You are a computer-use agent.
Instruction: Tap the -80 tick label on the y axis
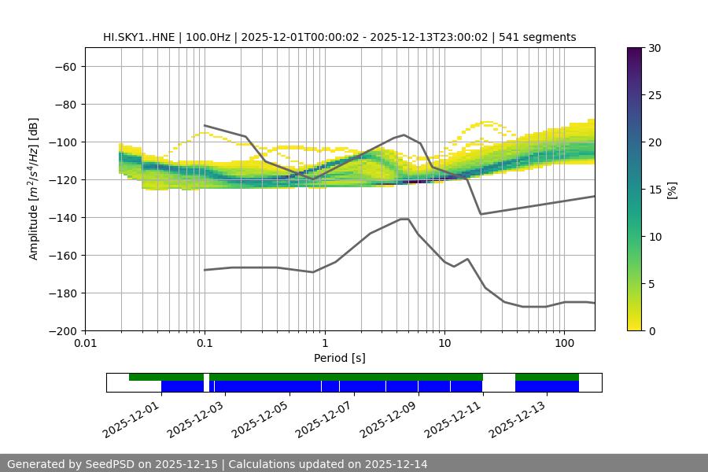(x=64, y=105)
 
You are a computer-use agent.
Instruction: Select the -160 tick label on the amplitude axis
(x=61, y=256)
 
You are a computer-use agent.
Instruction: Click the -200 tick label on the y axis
(x=61, y=331)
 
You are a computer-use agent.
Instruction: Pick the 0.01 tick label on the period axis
(x=85, y=344)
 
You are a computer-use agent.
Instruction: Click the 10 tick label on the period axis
(x=444, y=344)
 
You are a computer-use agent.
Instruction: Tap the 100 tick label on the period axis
(x=563, y=344)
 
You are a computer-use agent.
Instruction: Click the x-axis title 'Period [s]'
(x=339, y=358)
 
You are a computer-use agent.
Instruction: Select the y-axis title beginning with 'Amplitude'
(x=34, y=189)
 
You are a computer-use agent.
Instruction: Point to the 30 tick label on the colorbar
(x=653, y=48)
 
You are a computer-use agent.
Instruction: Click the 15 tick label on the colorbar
(x=653, y=190)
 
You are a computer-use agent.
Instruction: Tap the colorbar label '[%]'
(x=672, y=190)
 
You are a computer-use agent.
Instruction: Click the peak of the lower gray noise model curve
(x=404, y=219)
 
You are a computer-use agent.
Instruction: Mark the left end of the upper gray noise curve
(x=205, y=125)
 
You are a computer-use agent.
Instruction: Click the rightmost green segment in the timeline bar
(x=547, y=377)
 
